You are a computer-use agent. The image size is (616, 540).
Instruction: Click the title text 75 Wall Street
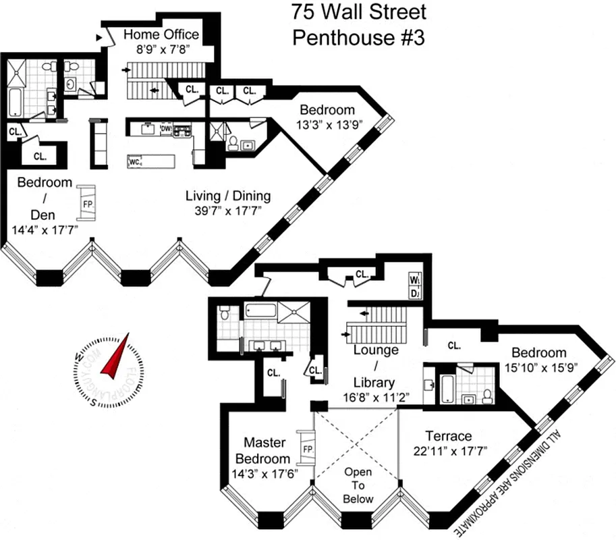(x=358, y=11)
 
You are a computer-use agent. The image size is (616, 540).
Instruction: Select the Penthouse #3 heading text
(x=358, y=36)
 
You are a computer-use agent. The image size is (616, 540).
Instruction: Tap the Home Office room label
(x=161, y=34)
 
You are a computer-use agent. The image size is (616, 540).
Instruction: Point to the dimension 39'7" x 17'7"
(x=228, y=211)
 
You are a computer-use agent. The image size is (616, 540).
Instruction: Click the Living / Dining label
(x=228, y=196)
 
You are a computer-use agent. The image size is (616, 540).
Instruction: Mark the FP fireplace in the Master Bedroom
(x=308, y=449)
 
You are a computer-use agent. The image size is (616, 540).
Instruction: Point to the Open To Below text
(x=358, y=485)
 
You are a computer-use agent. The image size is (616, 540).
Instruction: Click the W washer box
(x=414, y=279)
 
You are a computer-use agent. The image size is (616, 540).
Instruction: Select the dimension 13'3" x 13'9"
(x=327, y=124)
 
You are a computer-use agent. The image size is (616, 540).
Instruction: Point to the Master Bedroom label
(x=264, y=450)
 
